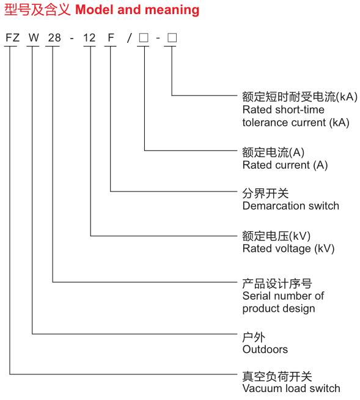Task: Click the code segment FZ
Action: pos(12,38)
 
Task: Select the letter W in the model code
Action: pos(34,38)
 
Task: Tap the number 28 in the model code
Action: pos(54,38)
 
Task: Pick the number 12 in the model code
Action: pos(89,38)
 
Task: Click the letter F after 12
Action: pos(111,38)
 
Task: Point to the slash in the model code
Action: pos(130,38)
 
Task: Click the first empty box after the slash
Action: pos(144,38)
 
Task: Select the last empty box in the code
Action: pos(172,38)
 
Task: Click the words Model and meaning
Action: pos(138,10)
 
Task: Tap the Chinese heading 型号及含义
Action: pos(37,10)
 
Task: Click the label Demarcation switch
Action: pos(291,206)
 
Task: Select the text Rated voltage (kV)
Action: pos(288,249)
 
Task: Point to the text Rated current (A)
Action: pos(285,165)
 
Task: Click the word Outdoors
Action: pos(265,349)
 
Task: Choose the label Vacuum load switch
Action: pos(292,388)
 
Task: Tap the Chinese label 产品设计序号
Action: pos(277,284)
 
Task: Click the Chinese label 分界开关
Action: pos(265,193)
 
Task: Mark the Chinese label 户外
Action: pos(254,337)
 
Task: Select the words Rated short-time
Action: pos(284,109)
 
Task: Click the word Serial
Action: pos(256,296)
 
